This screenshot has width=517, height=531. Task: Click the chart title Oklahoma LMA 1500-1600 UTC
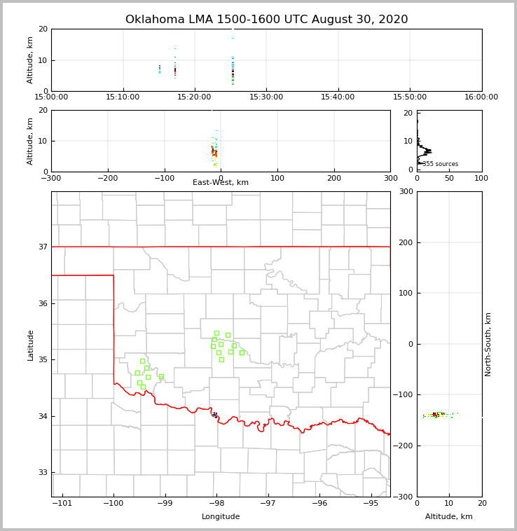click(266, 20)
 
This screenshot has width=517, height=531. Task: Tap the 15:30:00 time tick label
click(266, 97)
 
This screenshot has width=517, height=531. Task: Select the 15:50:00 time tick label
click(410, 97)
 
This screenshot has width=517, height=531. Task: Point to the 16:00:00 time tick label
click(481, 97)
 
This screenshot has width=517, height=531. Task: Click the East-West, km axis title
click(221, 183)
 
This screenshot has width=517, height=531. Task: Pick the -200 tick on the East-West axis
click(107, 178)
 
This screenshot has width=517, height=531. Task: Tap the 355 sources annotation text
click(440, 164)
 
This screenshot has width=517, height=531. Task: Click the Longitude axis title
click(221, 517)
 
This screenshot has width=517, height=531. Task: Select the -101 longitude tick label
click(62, 503)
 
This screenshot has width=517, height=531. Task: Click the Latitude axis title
click(30, 345)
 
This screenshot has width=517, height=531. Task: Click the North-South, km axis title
click(488, 344)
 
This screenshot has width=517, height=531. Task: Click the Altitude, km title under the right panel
click(449, 517)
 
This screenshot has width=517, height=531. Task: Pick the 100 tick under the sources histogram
click(481, 178)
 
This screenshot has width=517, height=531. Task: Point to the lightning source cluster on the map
click(215, 415)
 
